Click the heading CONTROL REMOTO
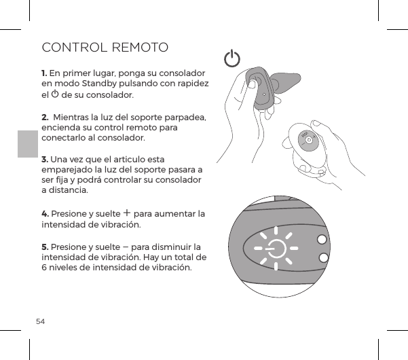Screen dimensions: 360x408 click(105, 48)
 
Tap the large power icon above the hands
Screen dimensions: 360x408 click(232, 58)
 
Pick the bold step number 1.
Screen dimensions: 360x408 click(44, 72)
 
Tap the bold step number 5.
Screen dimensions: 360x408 click(44, 246)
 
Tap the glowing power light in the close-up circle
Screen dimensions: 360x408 click(276, 249)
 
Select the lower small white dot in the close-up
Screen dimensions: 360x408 click(323, 258)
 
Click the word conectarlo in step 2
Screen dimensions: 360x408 click(64, 137)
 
